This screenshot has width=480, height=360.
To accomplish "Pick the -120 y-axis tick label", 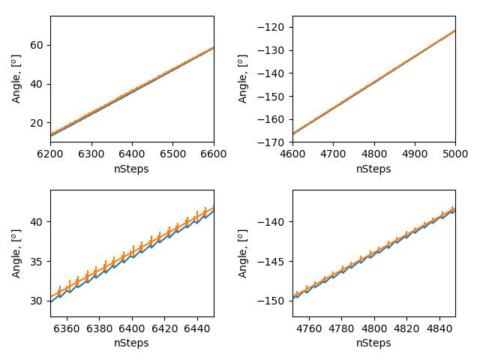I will click(x=274, y=27).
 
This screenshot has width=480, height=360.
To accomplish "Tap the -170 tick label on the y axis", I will click(x=274, y=142).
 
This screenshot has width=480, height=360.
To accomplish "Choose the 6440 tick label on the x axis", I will click(x=196, y=328).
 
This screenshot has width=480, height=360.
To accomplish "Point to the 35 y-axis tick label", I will click(x=37, y=261).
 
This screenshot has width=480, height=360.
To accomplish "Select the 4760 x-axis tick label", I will click(x=309, y=328).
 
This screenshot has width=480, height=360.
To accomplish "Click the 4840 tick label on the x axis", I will click(x=439, y=328).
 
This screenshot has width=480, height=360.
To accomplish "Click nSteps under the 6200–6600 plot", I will click(x=131, y=169).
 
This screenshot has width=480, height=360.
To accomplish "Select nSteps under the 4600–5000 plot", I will click(x=373, y=169).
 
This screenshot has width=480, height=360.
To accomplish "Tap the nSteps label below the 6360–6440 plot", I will click(x=131, y=343).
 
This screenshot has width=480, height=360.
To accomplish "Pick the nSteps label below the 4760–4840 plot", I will click(x=373, y=343).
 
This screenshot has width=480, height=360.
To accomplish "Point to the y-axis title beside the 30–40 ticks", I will click(x=16, y=253).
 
